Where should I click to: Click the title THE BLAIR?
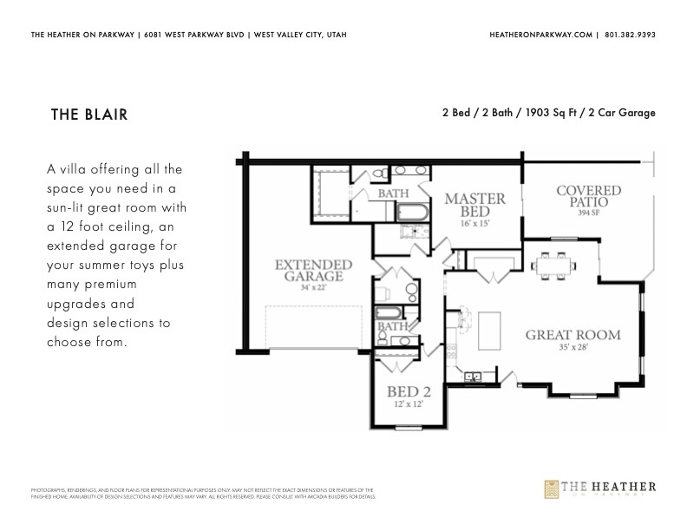coord(89,115)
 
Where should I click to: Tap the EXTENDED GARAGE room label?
coord(301,270)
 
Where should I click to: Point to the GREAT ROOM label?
coord(572,335)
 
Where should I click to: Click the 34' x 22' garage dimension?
coord(302,287)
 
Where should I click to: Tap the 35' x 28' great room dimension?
coord(572,348)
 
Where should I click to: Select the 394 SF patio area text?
coord(589,213)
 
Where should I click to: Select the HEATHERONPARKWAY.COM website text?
coord(541,35)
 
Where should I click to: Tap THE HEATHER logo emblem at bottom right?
coord(553,490)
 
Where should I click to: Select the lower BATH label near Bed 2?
coord(391,326)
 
